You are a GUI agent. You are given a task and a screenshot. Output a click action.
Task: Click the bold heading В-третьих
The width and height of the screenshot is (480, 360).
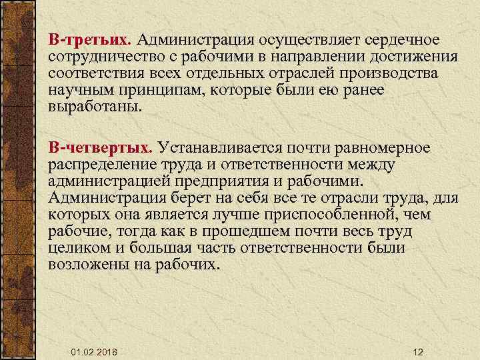[x=89, y=42]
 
